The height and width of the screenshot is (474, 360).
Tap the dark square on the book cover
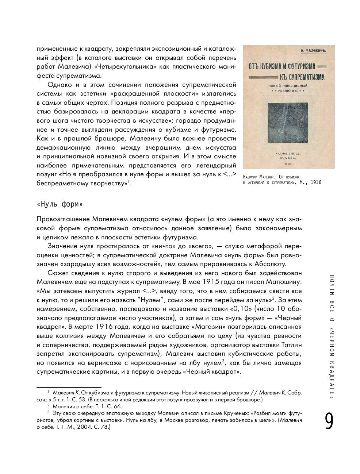point(289,123)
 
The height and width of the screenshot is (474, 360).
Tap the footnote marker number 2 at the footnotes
point(49,406)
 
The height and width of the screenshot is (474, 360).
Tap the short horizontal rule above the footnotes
point(69,387)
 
